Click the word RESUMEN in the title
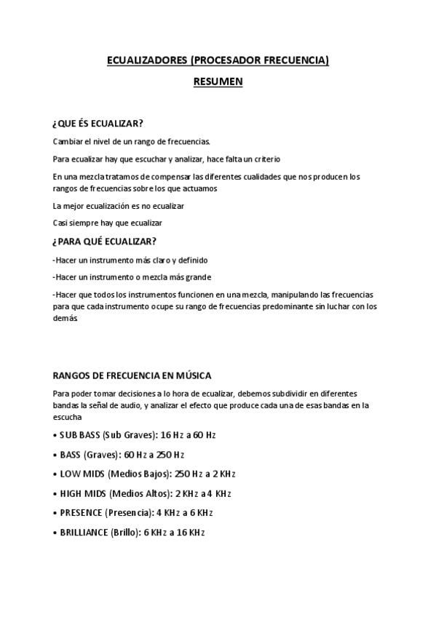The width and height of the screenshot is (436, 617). (x=218, y=82)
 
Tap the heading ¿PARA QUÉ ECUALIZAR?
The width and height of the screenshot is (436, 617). (x=104, y=242)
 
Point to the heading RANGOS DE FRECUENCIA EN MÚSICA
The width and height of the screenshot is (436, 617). (x=132, y=375)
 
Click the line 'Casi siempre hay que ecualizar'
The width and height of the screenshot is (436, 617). (x=108, y=223)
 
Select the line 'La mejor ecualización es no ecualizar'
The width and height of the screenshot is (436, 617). (x=119, y=206)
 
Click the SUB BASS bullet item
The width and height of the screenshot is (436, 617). (x=135, y=435)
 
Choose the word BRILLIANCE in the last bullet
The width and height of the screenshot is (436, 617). (x=84, y=532)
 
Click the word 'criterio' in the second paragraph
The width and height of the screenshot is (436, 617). (x=266, y=159)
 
